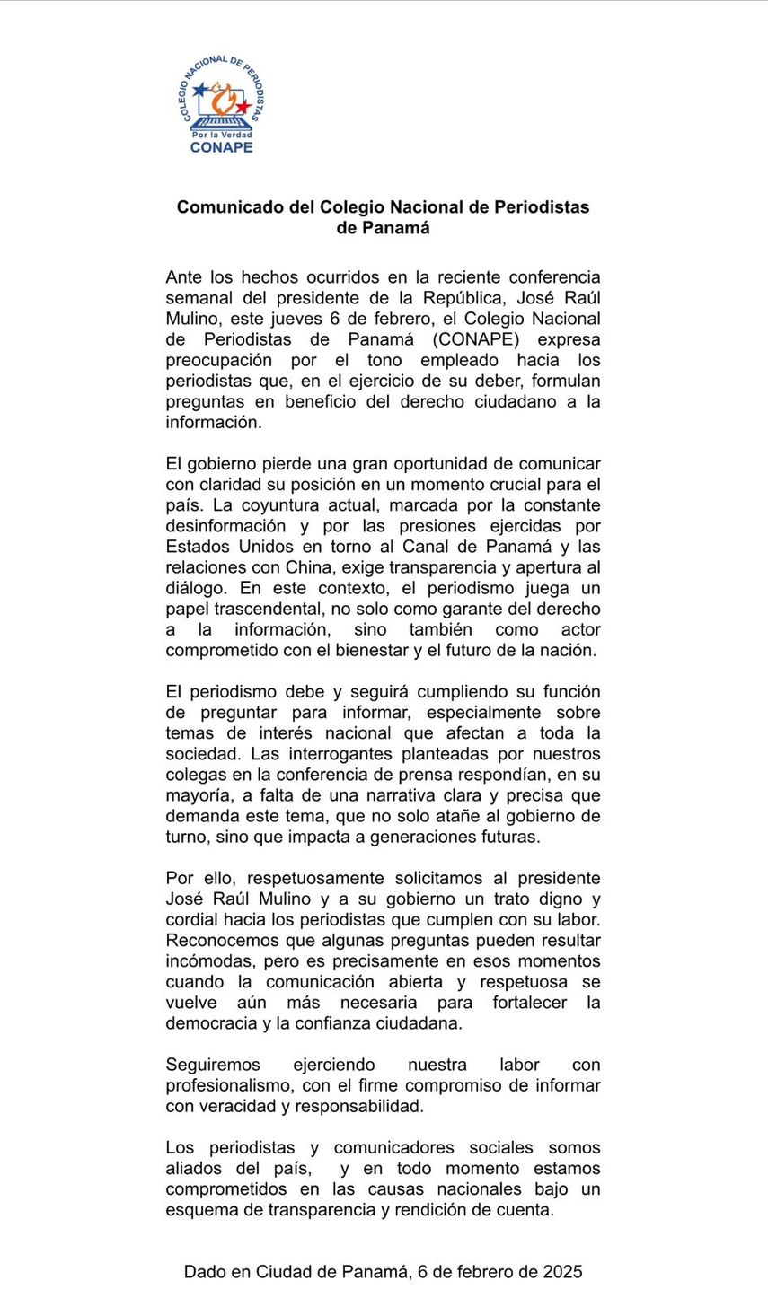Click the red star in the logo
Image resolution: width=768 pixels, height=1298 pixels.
[242, 107]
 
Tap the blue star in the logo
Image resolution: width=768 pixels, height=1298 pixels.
[199, 91]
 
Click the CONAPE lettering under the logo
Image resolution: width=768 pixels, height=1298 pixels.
[221, 147]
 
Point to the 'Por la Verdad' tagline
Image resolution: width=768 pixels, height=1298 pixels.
[221, 135]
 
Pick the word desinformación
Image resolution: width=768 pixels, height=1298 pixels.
[225, 526]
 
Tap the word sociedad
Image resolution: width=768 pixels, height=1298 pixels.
[204, 754]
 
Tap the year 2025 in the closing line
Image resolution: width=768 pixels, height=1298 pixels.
[563, 1272]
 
